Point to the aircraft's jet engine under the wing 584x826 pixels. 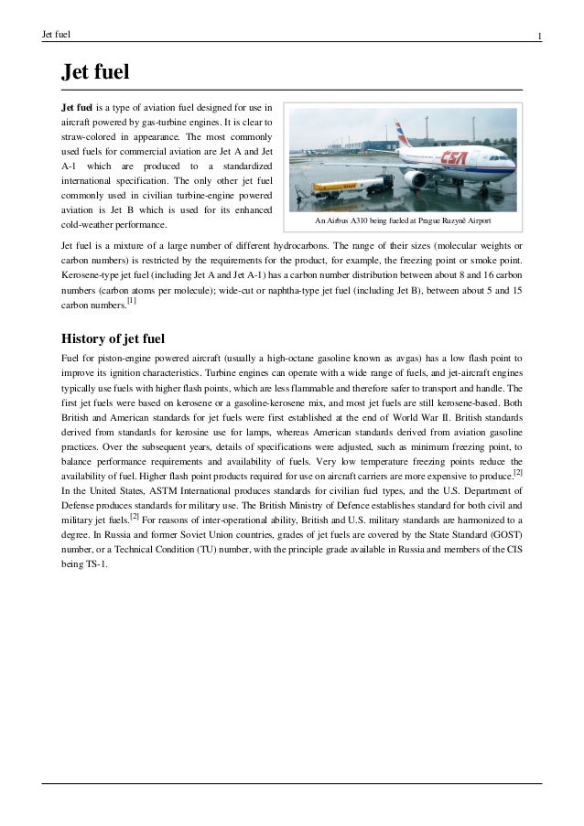417,179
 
